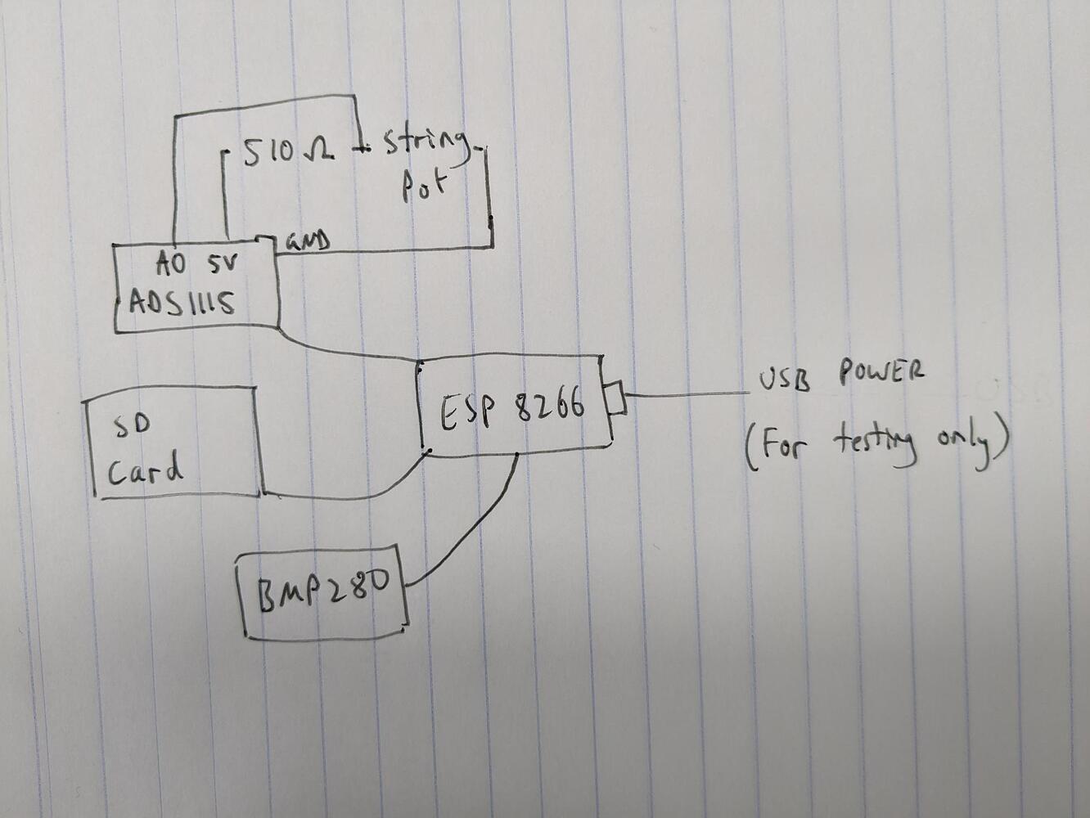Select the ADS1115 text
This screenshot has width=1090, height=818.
182,303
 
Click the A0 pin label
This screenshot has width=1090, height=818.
171,263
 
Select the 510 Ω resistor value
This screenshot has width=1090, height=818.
287,151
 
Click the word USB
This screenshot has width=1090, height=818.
785,380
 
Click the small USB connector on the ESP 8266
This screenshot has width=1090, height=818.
616,398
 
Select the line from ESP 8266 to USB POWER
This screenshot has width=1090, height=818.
687,394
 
